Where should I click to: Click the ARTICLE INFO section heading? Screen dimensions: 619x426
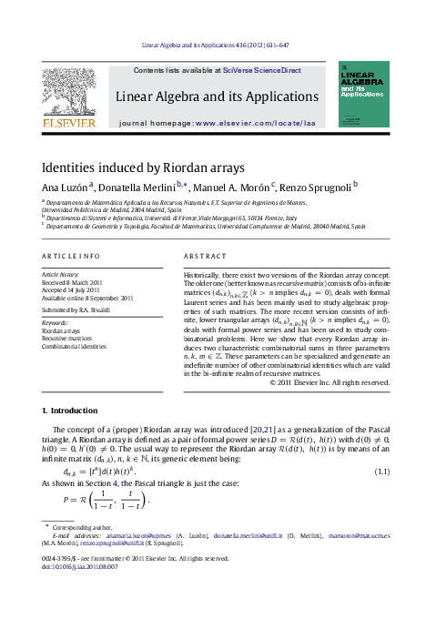[x=70, y=257]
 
